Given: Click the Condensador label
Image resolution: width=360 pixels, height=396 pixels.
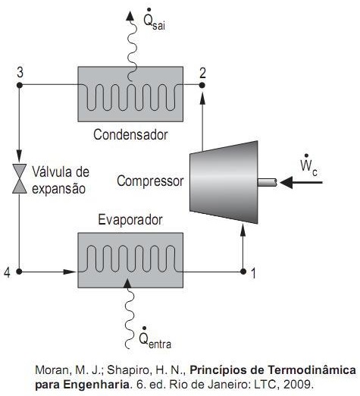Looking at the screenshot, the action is coord(130,134).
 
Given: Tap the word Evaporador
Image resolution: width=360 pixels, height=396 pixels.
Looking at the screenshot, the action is coord(130,220).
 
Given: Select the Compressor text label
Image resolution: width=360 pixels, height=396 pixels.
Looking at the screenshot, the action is coord(150,181).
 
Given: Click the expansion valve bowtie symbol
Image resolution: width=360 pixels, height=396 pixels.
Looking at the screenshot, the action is coord(20,178).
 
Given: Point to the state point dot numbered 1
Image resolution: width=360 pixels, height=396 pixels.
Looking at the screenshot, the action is coord(243,272).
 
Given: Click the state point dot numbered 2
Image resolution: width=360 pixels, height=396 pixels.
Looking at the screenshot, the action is coord(202,86).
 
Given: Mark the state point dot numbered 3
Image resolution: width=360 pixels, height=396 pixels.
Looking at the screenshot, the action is coord(20,86).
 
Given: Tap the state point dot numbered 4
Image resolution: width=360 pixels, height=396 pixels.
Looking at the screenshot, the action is coord(19,272).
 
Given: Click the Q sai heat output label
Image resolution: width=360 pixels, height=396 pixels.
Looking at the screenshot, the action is coord(154,20).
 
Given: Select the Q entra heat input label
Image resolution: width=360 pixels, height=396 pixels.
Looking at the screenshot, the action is coord(155,338).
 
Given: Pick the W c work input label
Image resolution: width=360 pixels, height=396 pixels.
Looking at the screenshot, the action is coord(308,165).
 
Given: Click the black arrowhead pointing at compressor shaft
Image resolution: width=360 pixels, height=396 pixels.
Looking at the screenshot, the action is coord(286,182).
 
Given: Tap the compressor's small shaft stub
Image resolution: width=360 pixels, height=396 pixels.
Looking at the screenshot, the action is coord(268,182).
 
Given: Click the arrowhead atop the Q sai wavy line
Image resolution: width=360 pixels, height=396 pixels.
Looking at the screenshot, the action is coord(130,16).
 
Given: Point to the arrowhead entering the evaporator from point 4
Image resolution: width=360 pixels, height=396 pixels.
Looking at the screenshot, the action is coord(70,272).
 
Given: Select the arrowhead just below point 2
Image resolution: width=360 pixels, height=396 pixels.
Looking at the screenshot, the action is coord(202,98).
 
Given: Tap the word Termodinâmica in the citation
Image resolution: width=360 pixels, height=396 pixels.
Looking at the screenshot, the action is coord(311,369).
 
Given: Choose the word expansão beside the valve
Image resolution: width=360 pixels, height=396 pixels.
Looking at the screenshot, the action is coord(58,189).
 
